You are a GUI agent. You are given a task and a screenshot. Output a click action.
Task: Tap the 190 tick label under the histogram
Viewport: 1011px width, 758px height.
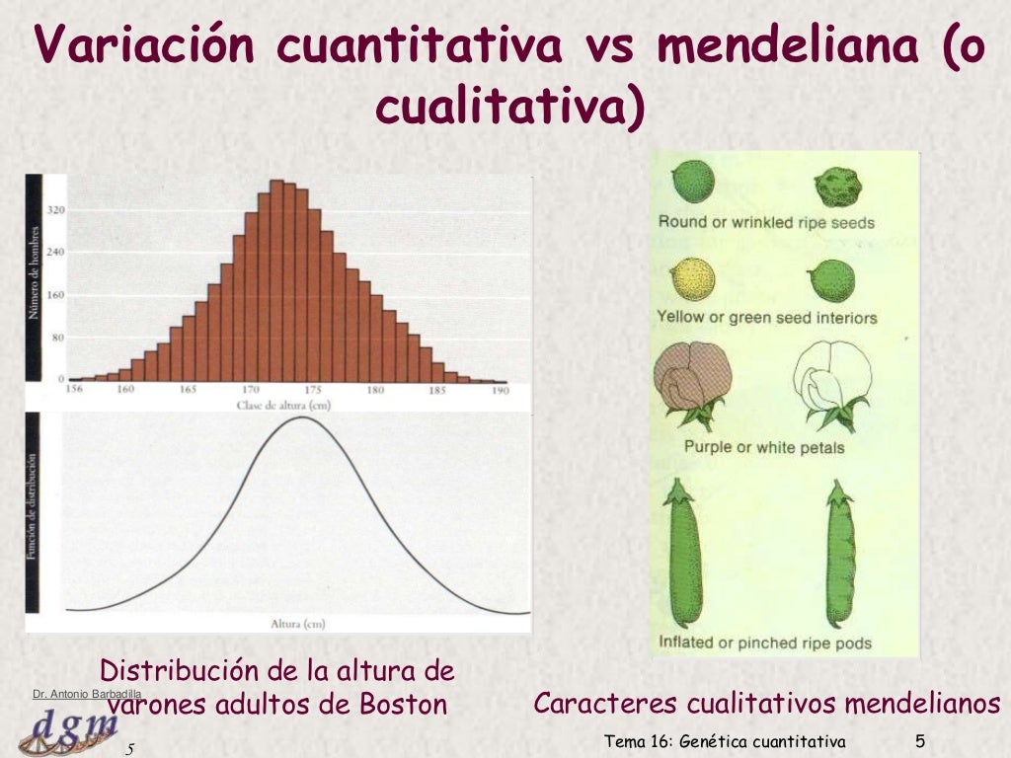coord(499,390)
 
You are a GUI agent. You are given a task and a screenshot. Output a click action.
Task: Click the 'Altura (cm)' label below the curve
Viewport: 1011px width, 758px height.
coord(297,624)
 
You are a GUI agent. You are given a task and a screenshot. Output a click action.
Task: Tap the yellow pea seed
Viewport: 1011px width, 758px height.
coord(688,281)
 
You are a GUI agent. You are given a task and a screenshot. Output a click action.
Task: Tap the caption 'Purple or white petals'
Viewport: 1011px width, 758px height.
coord(764,447)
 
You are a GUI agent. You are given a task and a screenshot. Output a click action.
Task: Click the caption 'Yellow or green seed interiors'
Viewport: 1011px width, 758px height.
coord(767,318)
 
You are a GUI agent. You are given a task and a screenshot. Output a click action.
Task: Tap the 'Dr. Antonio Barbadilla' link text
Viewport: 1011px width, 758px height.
coord(87,696)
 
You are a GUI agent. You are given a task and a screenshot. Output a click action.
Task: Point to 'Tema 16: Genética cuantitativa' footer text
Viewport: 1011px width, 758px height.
coord(725,742)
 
